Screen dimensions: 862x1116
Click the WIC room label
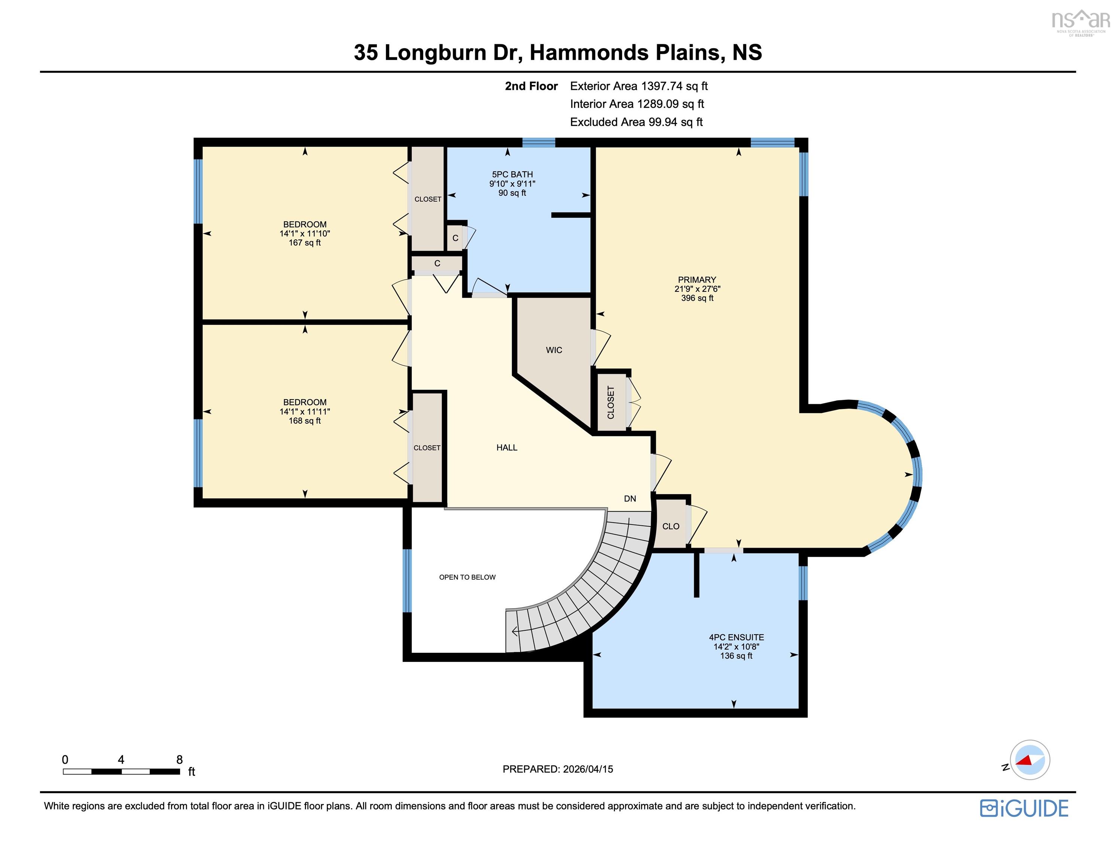point(554,350)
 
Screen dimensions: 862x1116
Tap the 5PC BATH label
point(512,174)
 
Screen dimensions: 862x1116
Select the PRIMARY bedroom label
point(696,279)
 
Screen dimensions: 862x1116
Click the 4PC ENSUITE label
point(736,637)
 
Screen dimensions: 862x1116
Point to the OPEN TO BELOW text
point(467,577)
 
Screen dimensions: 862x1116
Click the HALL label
point(506,447)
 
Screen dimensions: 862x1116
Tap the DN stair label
point(629,498)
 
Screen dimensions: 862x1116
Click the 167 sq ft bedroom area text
point(305,243)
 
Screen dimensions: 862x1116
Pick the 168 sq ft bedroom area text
point(305,421)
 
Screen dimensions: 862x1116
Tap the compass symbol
point(1029,760)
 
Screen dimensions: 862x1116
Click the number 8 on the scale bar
point(179,759)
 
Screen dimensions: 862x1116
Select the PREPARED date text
point(558,769)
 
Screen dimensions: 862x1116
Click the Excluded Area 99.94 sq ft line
point(636,122)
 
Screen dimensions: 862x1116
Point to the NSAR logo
point(1080,21)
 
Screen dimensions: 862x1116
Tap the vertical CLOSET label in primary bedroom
point(611,402)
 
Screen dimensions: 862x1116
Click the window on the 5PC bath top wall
point(538,143)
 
